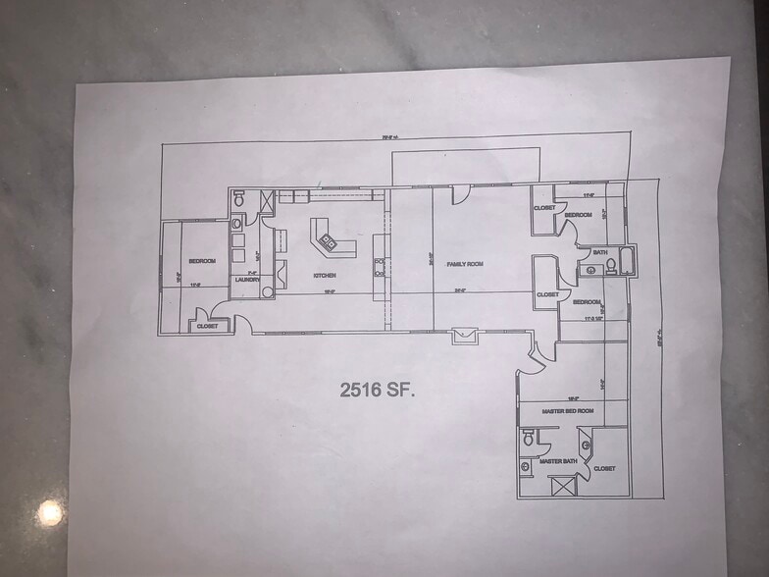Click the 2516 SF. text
pos(378,390)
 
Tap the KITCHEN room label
pos(325,276)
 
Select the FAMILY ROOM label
pos(466,265)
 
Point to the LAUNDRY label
pos(246,280)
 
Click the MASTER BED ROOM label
pos(568,411)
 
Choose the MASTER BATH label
pos(555,460)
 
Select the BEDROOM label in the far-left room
pos(201,261)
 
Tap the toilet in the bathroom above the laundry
pos(238,199)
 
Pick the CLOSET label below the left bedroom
pos(207,326)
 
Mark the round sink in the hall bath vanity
pos(591,268)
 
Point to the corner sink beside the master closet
pos(587,446)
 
